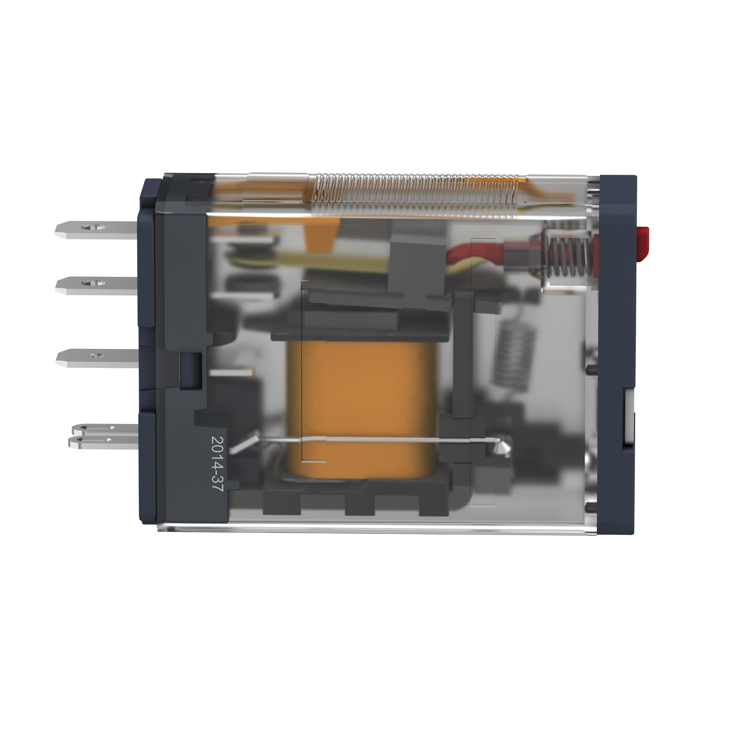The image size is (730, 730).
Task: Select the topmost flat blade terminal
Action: [96, 230]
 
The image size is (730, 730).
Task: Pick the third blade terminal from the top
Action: [97, 358]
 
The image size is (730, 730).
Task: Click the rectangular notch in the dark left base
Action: [190, 370]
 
